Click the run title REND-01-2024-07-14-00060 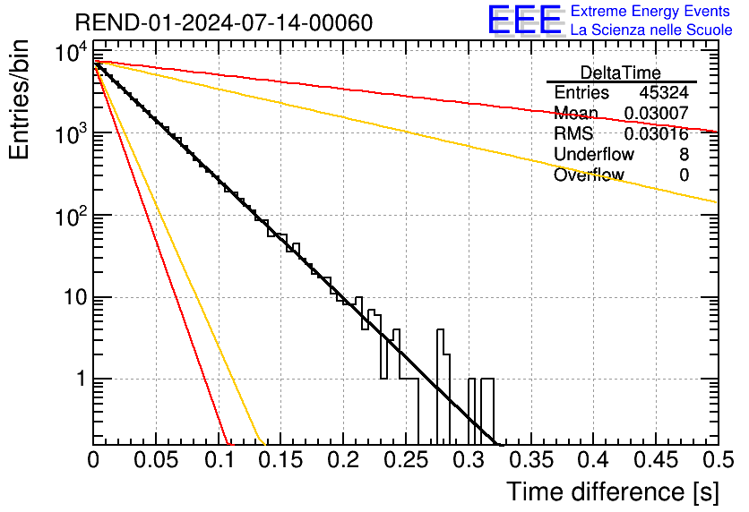point(224,21)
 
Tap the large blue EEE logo point(524,20)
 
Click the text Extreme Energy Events point(651,12)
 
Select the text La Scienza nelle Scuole point(651,30)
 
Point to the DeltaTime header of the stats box point(620,73)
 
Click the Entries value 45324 point(664,93)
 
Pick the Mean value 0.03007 point(656,114)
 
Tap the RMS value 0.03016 point(656,134)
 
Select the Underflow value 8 point(684,155)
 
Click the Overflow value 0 point(684,175)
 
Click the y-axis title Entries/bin point(19,99)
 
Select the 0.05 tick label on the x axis point(156,461)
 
